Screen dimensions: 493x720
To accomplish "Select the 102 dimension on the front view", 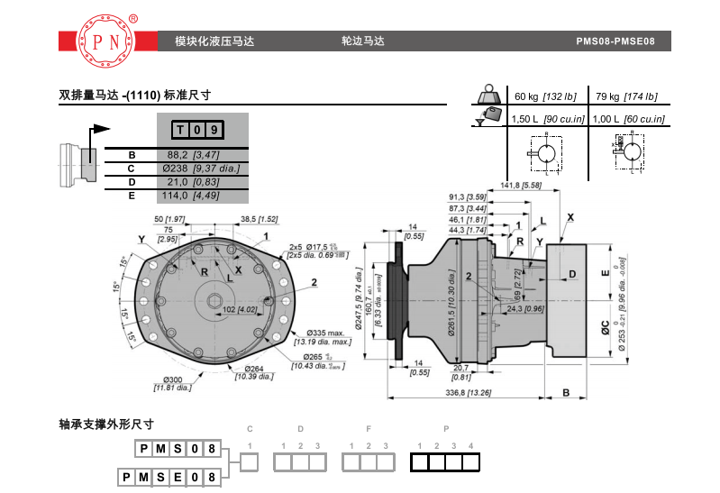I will click(240, 309).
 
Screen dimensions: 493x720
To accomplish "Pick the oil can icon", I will click(491, 115).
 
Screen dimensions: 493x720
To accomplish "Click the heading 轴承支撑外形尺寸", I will click(106, 424).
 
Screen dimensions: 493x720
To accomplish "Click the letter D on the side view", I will click(573, 273).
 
